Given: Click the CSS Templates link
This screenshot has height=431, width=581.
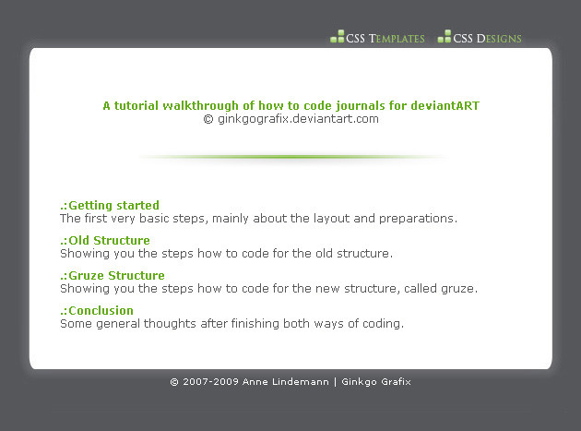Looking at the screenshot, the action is (385, 38).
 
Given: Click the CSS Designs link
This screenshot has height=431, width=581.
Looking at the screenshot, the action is (487, 38).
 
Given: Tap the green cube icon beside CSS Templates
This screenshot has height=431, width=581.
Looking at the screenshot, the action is (338, 36).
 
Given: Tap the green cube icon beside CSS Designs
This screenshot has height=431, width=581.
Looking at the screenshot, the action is (445, 36).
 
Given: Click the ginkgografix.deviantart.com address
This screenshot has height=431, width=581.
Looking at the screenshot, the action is (298, 119).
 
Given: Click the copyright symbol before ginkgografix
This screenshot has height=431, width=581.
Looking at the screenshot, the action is (208, 119).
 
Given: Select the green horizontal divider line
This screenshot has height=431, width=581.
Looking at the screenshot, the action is (293, 157).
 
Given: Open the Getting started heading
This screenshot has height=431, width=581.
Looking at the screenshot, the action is (110, 206).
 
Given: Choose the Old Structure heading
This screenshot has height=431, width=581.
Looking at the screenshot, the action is (105, 240).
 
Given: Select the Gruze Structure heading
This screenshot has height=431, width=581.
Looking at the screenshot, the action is (113, 276).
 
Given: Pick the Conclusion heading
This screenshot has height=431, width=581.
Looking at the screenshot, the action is (97, 310).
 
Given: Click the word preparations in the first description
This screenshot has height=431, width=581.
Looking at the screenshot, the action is (418, 219).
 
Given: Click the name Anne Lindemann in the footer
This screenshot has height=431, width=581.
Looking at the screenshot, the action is (286, 382).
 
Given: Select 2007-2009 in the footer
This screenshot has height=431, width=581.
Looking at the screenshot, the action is (210, 382).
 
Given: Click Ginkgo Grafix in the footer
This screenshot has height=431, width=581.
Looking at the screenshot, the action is (376, 382).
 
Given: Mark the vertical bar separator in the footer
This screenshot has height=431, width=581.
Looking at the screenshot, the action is (336, 382).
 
